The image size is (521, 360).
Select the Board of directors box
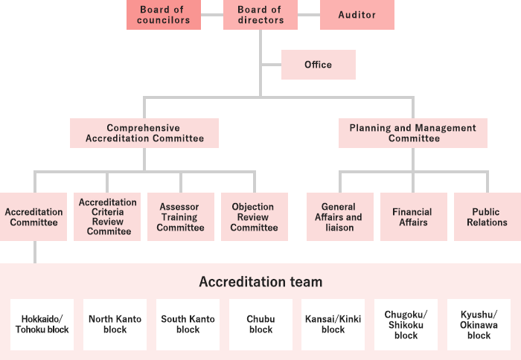[260, 15]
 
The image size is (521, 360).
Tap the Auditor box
[357, 15]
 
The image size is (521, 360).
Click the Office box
[318, 65]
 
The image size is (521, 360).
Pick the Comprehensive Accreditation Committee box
[144, 133]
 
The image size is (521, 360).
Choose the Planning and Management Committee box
[413, 133]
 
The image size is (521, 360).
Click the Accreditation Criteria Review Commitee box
[107, 216]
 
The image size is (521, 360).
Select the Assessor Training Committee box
[180, 216]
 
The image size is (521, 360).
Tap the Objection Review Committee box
[254, 216]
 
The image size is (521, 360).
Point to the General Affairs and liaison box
[339, 216]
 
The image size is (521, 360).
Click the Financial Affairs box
[412, 216]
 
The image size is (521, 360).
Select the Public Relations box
[487, 216]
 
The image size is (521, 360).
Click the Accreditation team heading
[260, 282]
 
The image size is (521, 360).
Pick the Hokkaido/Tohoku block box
[42, 324]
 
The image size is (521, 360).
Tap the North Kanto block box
[115, 324]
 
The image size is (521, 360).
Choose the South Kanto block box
[188, 324]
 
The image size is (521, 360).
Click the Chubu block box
[260, 324]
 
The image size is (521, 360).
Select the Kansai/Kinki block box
[333, 324]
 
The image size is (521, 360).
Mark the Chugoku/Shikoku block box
[406, 324]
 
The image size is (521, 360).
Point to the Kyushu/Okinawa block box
[479, 324]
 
